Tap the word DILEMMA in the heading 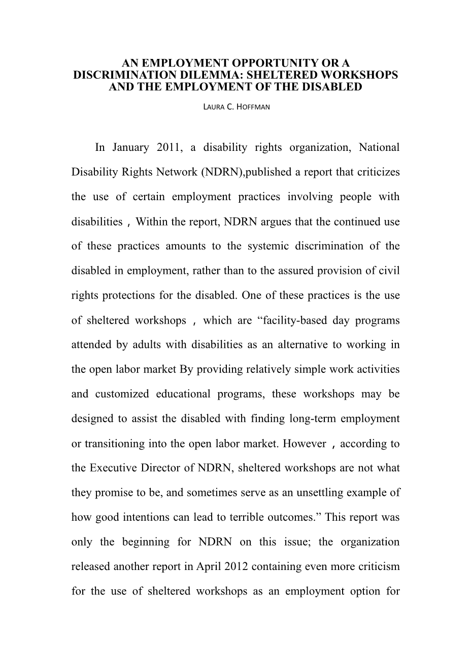pyautogui.click(x=195, y=75)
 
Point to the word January pyautogui.click(x=130, y=148)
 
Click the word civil pyautogui.click(x=389, y=271)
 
